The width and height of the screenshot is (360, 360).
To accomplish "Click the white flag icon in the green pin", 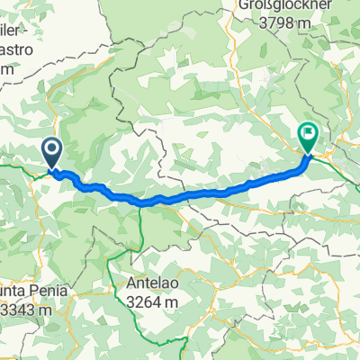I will pyautogui.click(x=309, y=135).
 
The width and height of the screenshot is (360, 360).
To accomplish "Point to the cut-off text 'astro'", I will pyautogui.click(x=21, y=52).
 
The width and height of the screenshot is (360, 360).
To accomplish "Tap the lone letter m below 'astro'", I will pyautogui.click(x=7, y=68).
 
